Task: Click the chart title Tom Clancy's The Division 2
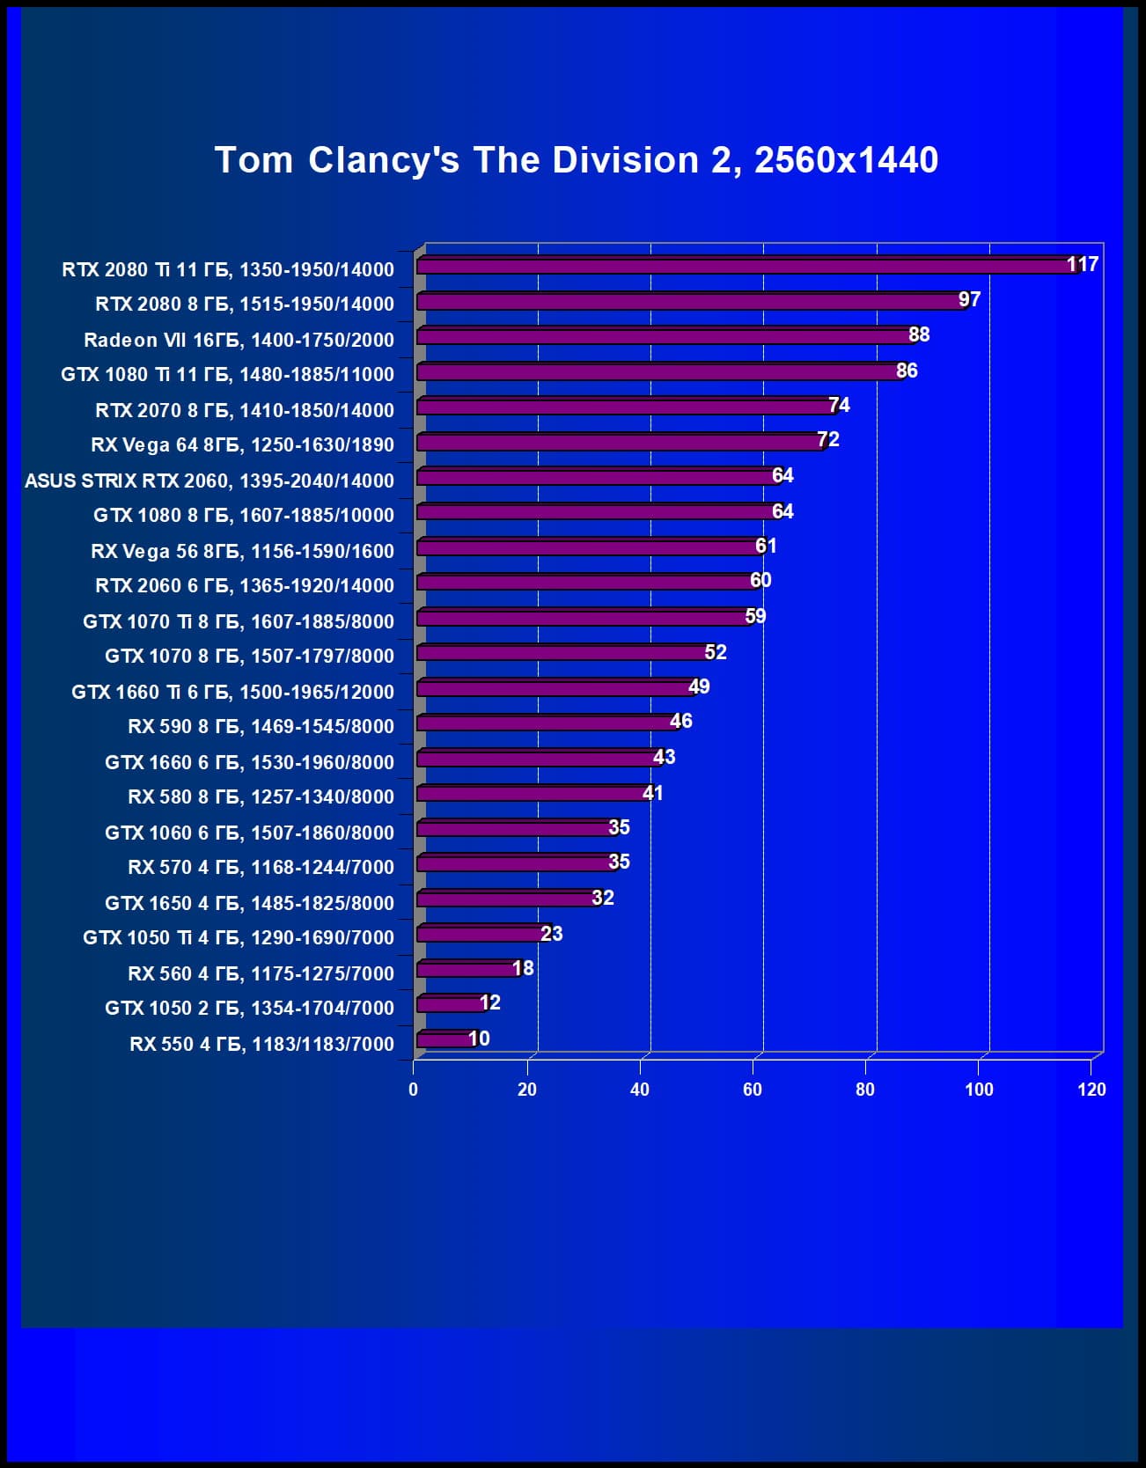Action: coord(577,160)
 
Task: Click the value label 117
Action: coord(1082,264)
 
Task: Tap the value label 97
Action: coord(969,299)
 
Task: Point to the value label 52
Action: coord(716,652)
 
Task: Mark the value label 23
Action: coord(551,933)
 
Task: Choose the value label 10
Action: coord(479,1039)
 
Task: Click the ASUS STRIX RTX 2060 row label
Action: coord(209,481)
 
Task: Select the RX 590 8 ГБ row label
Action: coord(261,726)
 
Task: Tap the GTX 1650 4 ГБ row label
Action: coord(249,903)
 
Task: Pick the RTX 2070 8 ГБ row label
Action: coord(245,410)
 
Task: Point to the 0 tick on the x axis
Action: coord(414,1090)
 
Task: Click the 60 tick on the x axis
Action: coord(753,1090)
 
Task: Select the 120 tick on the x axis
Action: coord(1091,1090)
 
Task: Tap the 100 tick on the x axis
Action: coord(979,1090)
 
